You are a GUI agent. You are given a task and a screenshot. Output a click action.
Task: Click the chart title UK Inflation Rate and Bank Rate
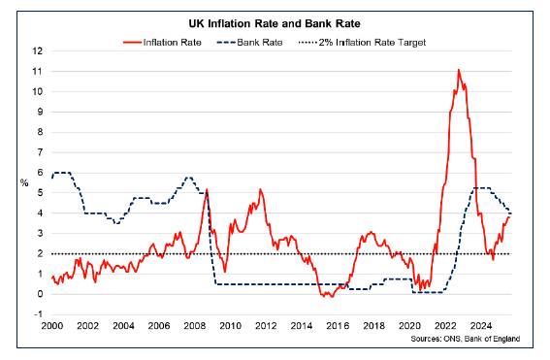pyautogui.click(x=275, y=21)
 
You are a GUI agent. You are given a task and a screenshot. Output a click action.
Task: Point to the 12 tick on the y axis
pyautogui.click(x=37, y=50)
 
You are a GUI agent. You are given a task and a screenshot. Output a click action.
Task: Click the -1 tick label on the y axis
pyautogui.click(x=37, y=314)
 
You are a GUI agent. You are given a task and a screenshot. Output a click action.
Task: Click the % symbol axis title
pyautogui.click(x=24, y=182)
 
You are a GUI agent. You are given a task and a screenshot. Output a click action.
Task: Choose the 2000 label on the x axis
pyautogui.click(x=52, y=327)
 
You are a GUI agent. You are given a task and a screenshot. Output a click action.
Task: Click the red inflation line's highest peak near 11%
pyautogui.click(x=458, y=70)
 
